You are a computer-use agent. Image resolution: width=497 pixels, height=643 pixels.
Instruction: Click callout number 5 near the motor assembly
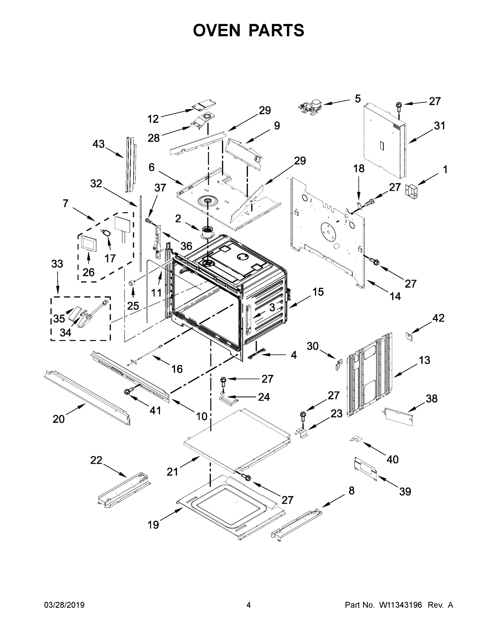coord(357,99)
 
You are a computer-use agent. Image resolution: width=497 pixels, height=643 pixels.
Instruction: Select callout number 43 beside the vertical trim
coord(98,144)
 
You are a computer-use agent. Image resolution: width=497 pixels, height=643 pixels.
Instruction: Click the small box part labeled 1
coord(412,190)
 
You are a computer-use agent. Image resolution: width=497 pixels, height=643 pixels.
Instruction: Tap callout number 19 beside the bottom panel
coord(154,525)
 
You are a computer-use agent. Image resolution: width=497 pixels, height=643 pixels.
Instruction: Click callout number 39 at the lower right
coord(405,491)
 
